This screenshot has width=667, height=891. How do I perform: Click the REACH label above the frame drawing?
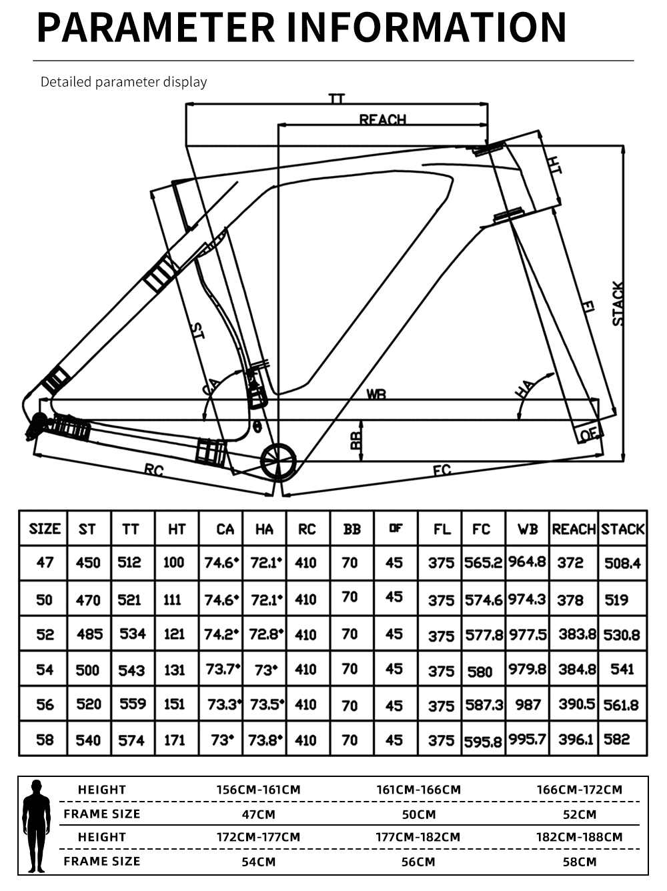[x=382, y=119]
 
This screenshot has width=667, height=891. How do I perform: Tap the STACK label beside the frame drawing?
[x=618, y=303]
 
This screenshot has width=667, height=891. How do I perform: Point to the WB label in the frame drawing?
[x=376, y=394]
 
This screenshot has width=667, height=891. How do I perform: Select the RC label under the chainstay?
[x=154, y=470]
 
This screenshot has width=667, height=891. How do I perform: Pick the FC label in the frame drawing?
[x=442, y=470]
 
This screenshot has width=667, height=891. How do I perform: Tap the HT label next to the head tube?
[x=554, y=165]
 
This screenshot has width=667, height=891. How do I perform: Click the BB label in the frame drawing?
[x=356, y=440]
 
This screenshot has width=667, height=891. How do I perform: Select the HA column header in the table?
[x=264, y=530]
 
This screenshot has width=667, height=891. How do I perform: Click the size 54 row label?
[x=45, y=670]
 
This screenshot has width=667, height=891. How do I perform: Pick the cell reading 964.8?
[x=527, y=562]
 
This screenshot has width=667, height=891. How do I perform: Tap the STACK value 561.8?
[x=622, y=706]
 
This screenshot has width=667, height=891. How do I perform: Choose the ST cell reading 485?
[x=90, y=634]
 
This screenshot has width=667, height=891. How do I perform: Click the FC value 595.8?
[x=483, y=742]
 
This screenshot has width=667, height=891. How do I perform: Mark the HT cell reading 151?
[x=174, y=704]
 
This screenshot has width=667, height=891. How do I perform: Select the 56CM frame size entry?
[x=418, y=862]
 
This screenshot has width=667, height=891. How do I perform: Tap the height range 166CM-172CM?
[x=580, y=790]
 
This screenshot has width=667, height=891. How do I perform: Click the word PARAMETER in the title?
[x=156, y=27]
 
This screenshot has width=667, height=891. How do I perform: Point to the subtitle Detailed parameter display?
[x=124, y=82]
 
